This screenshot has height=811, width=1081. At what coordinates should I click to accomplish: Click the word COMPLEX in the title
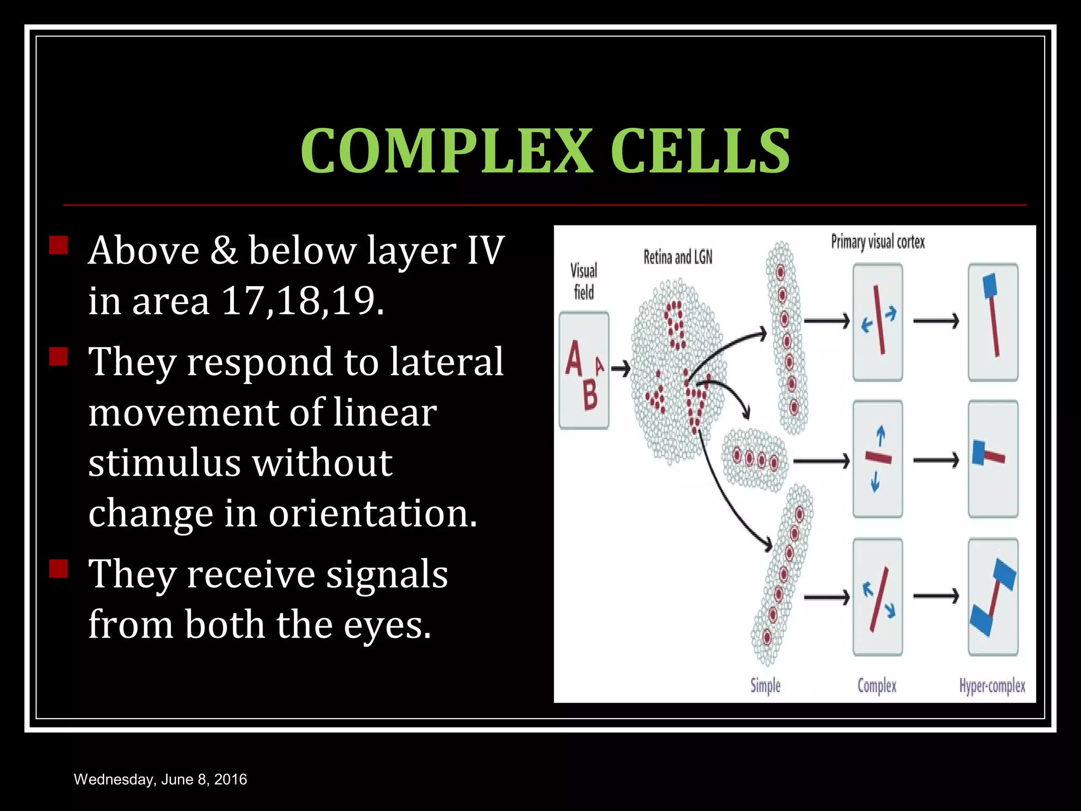447,151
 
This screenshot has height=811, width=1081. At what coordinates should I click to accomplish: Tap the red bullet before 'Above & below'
59,246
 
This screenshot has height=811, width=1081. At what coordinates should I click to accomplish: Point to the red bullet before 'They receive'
59,569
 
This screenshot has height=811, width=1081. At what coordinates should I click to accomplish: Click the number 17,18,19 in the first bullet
303,301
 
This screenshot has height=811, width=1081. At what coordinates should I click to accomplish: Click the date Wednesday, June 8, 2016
160,779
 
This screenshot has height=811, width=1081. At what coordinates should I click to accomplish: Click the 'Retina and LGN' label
678,257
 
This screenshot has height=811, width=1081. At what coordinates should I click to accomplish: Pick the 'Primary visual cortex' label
878,242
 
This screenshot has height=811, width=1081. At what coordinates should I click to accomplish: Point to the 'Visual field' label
584,281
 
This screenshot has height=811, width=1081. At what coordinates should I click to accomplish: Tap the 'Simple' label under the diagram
765,686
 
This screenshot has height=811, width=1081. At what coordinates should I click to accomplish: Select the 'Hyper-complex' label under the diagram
992,686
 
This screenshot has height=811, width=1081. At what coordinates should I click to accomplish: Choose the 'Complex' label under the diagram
877,686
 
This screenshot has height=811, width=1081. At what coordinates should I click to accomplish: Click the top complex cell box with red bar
878,322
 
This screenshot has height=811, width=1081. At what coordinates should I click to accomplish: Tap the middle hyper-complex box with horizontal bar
993,459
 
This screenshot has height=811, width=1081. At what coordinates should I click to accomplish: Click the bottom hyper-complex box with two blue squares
993,597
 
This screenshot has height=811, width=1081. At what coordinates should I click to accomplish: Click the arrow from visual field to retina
621,369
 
